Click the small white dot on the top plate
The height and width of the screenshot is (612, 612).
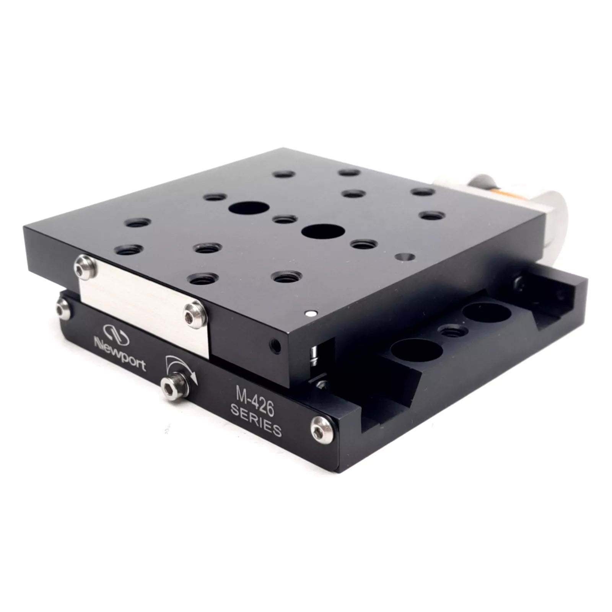(311, 314)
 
